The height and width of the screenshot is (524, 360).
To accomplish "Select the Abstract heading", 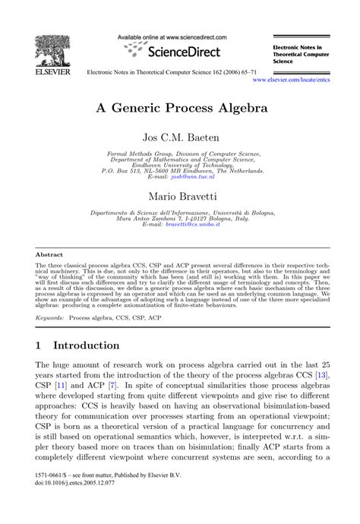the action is [x=49, y=254].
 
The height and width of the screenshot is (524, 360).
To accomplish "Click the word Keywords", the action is [x=49, y=316].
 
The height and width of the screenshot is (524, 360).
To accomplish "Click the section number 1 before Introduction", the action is [x=39, y=345].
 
